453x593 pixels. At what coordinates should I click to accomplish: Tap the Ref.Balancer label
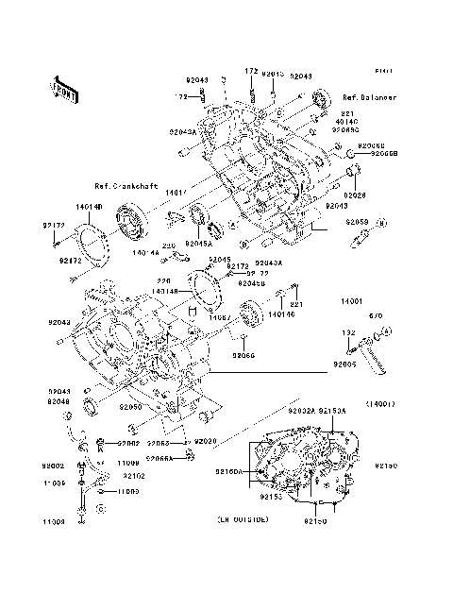click(x=370, y=97)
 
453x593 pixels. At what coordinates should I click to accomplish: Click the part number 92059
click(x=357, y=222)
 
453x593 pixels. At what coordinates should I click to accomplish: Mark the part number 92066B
click(x=384, y=153)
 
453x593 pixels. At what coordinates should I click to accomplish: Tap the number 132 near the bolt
click(x=346, y=333)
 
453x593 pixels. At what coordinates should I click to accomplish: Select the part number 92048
click(x=59, y=401)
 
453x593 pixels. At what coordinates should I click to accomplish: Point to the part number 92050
click(x=129, y=408)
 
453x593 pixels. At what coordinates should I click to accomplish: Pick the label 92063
click(x=157, y=442)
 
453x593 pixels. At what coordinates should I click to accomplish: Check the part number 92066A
click(x=158, y=458)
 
